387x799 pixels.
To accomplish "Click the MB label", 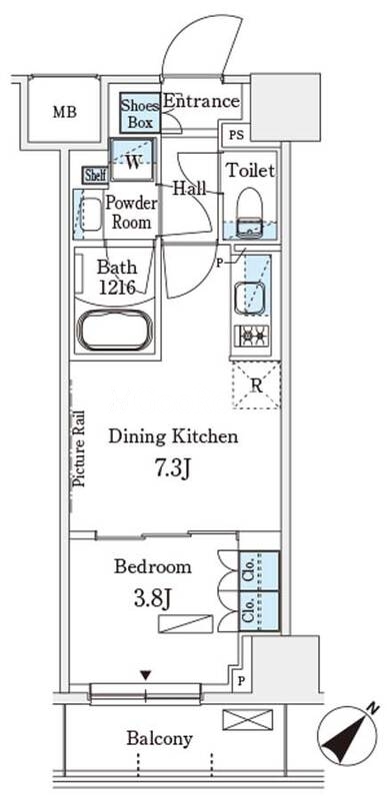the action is [65, 112].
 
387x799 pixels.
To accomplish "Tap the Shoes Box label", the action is [140, 113].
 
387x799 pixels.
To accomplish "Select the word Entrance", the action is [201, 101].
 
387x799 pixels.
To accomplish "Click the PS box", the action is [236, 136].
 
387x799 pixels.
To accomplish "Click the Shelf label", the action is [95, 175].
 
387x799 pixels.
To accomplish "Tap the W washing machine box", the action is [133, 160].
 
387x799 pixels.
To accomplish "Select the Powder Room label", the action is [132, 213].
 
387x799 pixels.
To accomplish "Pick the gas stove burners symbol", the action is [252, 336].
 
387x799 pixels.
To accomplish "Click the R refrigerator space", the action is [256, 386].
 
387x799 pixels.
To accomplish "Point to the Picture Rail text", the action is [80, 449].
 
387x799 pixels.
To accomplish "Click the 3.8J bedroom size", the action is [151, 599].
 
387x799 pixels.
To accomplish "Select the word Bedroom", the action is [152, 566].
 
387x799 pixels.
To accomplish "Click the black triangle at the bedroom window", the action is [146, 676].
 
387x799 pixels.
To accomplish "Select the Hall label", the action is [189, 189].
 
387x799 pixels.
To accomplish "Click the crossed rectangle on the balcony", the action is [247, 719].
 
